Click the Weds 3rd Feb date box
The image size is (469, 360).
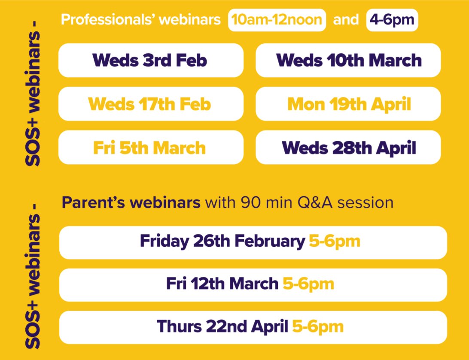tap(151, 61)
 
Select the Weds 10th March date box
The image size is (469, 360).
tap(348, 61)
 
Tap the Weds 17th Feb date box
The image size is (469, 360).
tap(151, 104)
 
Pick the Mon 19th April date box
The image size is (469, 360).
tap(348, 104)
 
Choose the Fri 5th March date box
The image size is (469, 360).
tap(151, 148)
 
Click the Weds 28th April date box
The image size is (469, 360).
tap(348, 148)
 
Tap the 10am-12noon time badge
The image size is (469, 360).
tap(277, 20)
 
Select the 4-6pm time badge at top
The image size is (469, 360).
tap(392, 20)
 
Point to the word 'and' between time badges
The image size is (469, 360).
tap(346, 20)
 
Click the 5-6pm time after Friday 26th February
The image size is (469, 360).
tap(334, 241)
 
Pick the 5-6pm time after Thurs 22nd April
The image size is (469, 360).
tap(318, 327)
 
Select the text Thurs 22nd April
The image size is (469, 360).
tap(222, 327)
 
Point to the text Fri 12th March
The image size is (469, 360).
tap(222, 284)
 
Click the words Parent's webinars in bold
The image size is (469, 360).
tap(131, 202)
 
